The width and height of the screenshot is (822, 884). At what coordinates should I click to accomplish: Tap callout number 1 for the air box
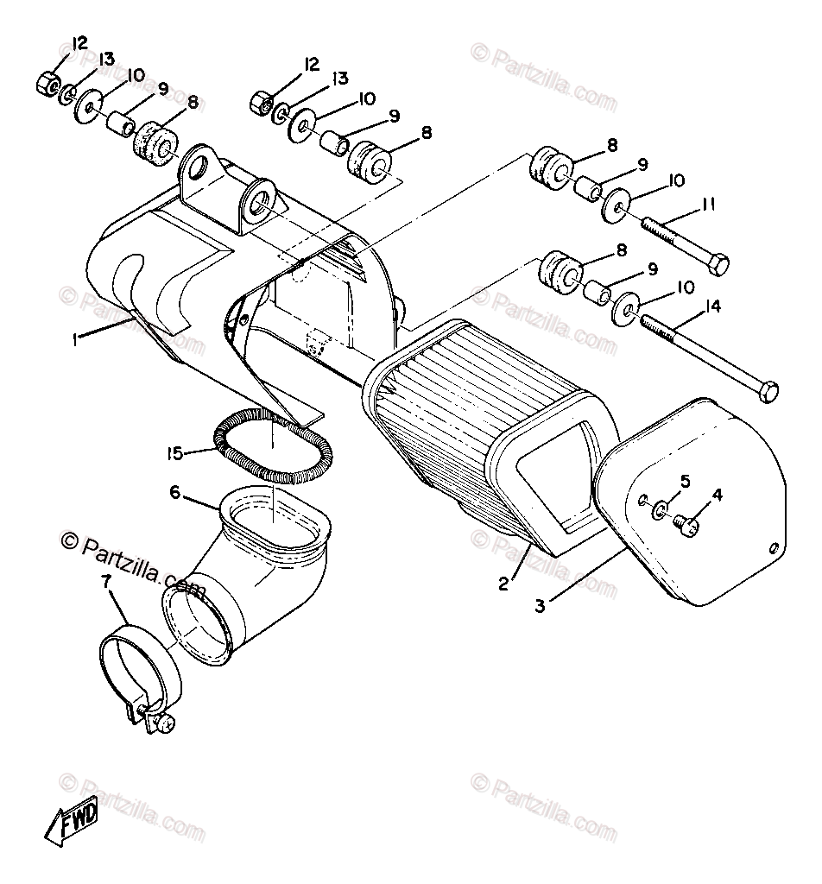pos(77,339)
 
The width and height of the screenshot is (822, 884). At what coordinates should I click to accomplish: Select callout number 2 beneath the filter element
pos(503,584)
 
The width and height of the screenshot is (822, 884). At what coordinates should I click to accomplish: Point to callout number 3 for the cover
pos(540,605)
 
